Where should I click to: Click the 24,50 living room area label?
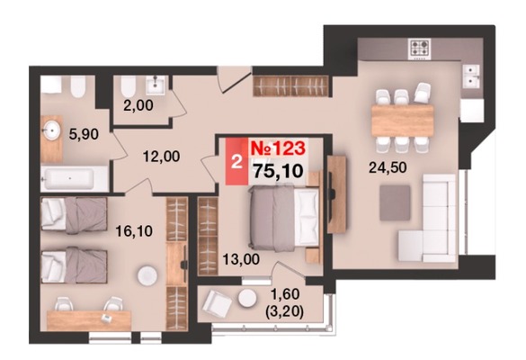click(x=388, y=166)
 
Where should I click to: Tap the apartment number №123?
click(x=278, y=148)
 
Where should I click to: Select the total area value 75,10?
click(x=278, y=171)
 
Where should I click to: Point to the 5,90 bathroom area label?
click(x=84, y=134)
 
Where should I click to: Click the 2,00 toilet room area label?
click(x=138, y=105)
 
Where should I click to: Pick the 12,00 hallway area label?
click(x=161, y=157)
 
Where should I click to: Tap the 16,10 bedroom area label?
click(x=134, y=231)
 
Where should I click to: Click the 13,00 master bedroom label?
click(x=241, y=259)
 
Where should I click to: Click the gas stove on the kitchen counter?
click(x=420, y=49)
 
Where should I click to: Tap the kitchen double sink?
click(x=473, y=76)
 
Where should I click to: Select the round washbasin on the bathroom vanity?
click(x=51, y=130)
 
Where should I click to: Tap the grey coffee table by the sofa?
click(x=395, y=202)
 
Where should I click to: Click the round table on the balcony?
click(x=247, y=298)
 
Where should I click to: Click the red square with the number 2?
click(x=236, y=162)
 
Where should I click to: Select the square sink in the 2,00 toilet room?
click(x=156, y=85)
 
